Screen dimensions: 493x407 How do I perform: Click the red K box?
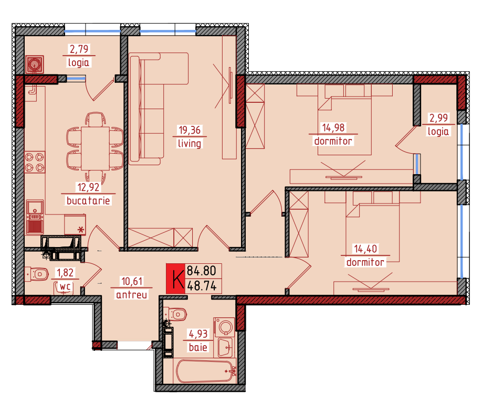tap(175, 279)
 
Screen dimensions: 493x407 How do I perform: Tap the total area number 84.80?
tap(202, 271)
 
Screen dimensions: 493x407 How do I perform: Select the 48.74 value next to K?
tap(202, 286)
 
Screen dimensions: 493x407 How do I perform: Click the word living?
tap(190, 144)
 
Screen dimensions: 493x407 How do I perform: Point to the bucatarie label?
tap(88, 200)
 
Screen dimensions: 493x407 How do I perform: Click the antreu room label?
tap(131, 295)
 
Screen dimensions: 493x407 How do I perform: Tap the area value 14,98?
tap(333, 127)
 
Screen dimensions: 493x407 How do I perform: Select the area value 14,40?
tap(365, 249)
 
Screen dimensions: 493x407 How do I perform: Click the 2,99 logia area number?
tap(438, 118)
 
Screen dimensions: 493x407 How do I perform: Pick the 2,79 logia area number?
tap(79, 49)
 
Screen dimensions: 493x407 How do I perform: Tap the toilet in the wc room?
tap(36, 274)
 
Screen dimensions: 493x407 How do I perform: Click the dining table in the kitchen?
tap(95, 148)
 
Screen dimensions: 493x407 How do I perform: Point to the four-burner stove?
tap(35, 162)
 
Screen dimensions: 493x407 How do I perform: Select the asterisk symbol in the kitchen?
tap(81, 230)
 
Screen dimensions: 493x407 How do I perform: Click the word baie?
tap(198, 347)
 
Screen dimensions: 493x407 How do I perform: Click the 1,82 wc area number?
tap(66, 273)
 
